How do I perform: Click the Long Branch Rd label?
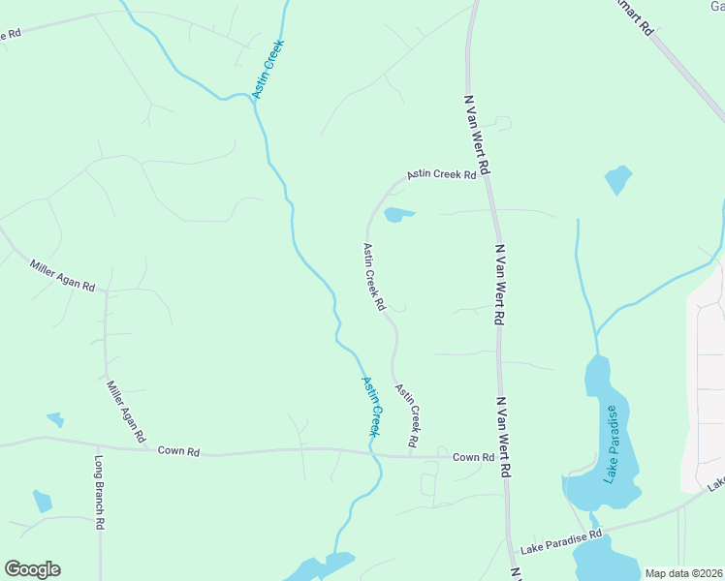pos(99,494)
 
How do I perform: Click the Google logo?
pos(32,569)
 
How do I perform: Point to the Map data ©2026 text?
pos(683,573)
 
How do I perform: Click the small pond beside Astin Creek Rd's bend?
pos(398,214)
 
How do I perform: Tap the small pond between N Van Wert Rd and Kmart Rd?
pos(617,179)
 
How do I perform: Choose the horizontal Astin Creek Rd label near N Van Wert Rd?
pos(442,174)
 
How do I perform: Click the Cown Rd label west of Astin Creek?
pos(179,451)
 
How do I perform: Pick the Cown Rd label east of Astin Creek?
pos(473,457)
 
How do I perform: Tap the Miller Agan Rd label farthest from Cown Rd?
pos(62,276)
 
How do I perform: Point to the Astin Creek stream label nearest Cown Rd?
pos(371,406)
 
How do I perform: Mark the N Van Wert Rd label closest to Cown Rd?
pos(502,436)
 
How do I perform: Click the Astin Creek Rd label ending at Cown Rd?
pos(407,414)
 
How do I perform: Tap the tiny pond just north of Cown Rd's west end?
pos(55,419)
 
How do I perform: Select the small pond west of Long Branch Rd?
pos(42,500)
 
